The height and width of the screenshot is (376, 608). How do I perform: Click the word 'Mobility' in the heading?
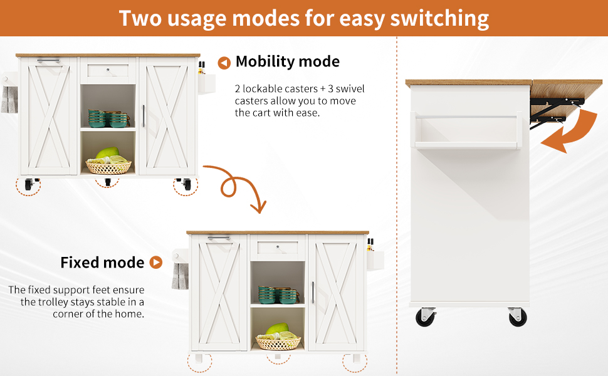(265, 61)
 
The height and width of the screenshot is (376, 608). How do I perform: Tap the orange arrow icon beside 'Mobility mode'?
(224, 63)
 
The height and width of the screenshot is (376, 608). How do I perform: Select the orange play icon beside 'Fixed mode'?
(156, 263)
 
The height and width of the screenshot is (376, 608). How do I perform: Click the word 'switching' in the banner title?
(439, 19)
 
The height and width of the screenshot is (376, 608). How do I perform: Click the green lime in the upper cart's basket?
(107, 152)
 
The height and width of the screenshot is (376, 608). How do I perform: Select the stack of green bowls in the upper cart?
(108, 118)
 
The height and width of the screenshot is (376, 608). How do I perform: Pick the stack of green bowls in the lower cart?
(278, 295)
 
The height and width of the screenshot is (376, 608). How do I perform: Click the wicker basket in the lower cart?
(278, 343)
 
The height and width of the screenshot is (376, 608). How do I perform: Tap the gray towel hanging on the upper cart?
(9, 100)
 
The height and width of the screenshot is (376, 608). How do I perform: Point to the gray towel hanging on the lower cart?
(180, 276)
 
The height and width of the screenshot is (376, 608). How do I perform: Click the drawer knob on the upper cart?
(108, 70)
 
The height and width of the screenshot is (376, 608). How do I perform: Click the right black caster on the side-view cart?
(517, 317)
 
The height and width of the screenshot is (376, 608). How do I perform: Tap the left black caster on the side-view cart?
(426, 317)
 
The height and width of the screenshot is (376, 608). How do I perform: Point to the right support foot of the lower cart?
(357, 358)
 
